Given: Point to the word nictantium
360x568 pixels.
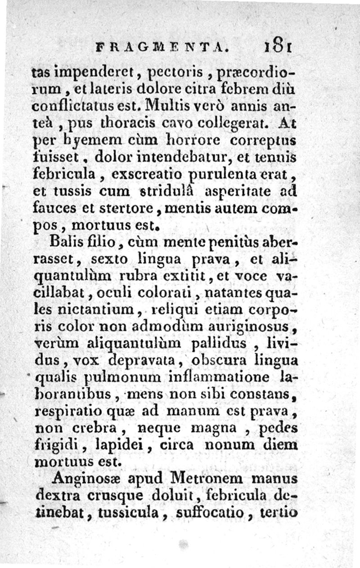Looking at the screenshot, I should click(x=95, y=310).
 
